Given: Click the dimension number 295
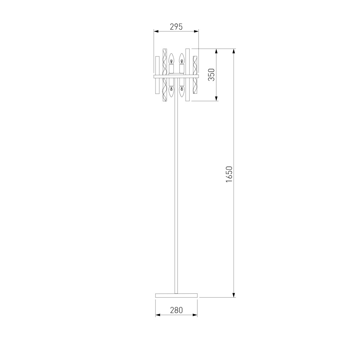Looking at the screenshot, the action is pyautogui.click(x=176, y=27).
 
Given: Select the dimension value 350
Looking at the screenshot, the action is pyautogui.click(x=211, y=75).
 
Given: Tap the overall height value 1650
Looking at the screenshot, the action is pyautogui.click(x=229, y=174).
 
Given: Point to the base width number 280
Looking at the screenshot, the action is pyautogui.click(x=176, y=310).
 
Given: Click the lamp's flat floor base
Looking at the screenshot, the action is pyautogui.click(x=176, y=295).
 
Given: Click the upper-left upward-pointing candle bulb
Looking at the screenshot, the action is pyautogui.click(x=171, y=59).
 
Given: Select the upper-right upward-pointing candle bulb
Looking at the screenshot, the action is pyautogui.click(x=182, y=59).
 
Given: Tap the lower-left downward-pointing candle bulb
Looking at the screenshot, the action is pyautogui.click(x=171, y=91).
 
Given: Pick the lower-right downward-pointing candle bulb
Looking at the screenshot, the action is pyautogui.click(x=182, y=91).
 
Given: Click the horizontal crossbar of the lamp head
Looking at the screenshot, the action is pyautogui.click(x=176, y=76).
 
